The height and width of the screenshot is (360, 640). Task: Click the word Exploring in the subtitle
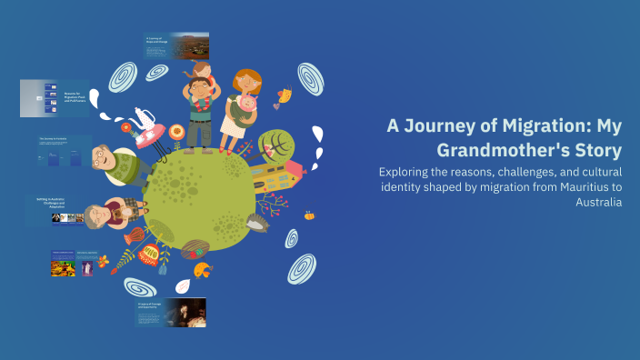pos(410,171)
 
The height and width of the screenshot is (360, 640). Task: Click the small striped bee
pos(309,216)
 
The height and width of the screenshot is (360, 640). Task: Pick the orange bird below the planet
pos(201,267)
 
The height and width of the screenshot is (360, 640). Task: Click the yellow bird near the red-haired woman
pos(285,95)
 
